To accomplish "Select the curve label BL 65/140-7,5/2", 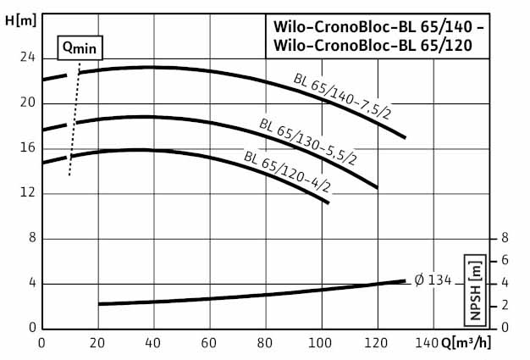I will pyautogui.click(x=342, y=97).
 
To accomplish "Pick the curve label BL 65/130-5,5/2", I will pyautogui.click(x=308, y=141).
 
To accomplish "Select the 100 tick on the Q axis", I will pyautogui.click(x=322, y=343).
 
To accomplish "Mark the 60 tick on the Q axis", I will pyautogui.click(x=209, y=343).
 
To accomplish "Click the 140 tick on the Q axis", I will pyautogui.click(x=433, y=343).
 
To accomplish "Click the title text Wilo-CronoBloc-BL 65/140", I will pyautogui.click(x=376, y=26).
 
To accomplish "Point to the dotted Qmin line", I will pyautogui.click(x=75, y=119).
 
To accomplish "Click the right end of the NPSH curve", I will pyautogui.click(x=405, y=280).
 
